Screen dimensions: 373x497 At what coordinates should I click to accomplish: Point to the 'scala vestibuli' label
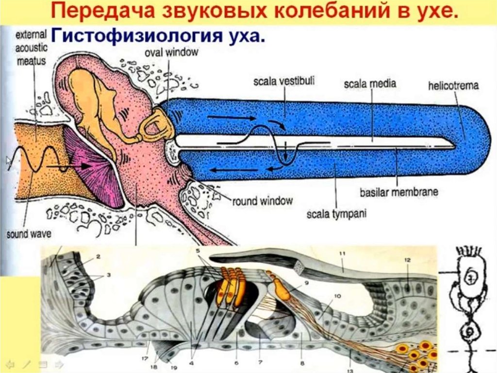pyautogui.click(x=283, y=82)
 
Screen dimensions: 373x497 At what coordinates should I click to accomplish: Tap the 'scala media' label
pyautogui.click(x=370, y=84)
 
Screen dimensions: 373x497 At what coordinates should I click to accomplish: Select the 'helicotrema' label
pyautogui.click(x=453, y=86)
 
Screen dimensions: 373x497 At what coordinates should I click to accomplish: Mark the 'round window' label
pyautogui.click(x=263, y=200)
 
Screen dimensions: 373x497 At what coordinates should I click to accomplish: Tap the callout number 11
pyautogui.click(x=342, y=254)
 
